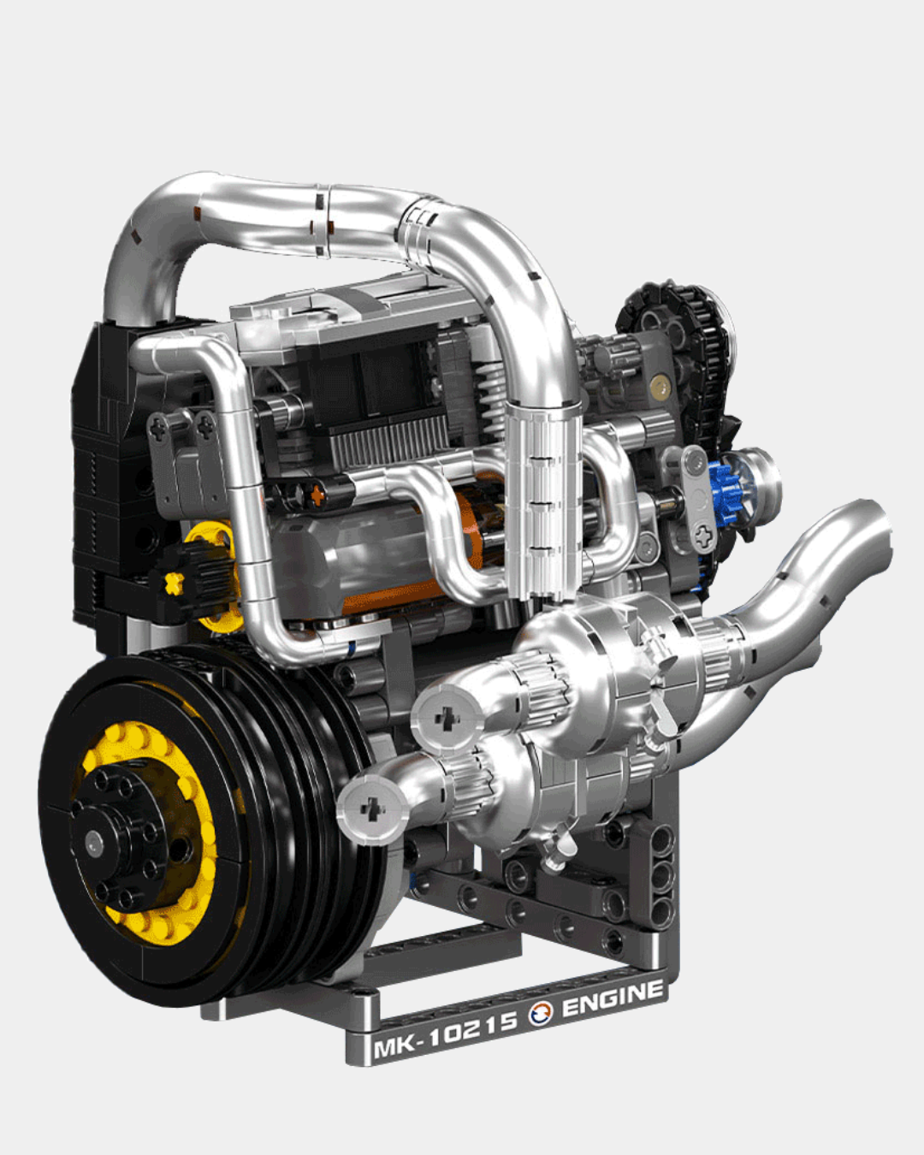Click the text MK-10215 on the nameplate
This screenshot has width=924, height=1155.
[445, 1034]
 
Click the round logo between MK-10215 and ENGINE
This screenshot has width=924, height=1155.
[541, 1013]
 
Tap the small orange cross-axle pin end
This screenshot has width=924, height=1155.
[318, 494]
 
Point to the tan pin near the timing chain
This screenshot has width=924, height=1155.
[657, 389]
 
